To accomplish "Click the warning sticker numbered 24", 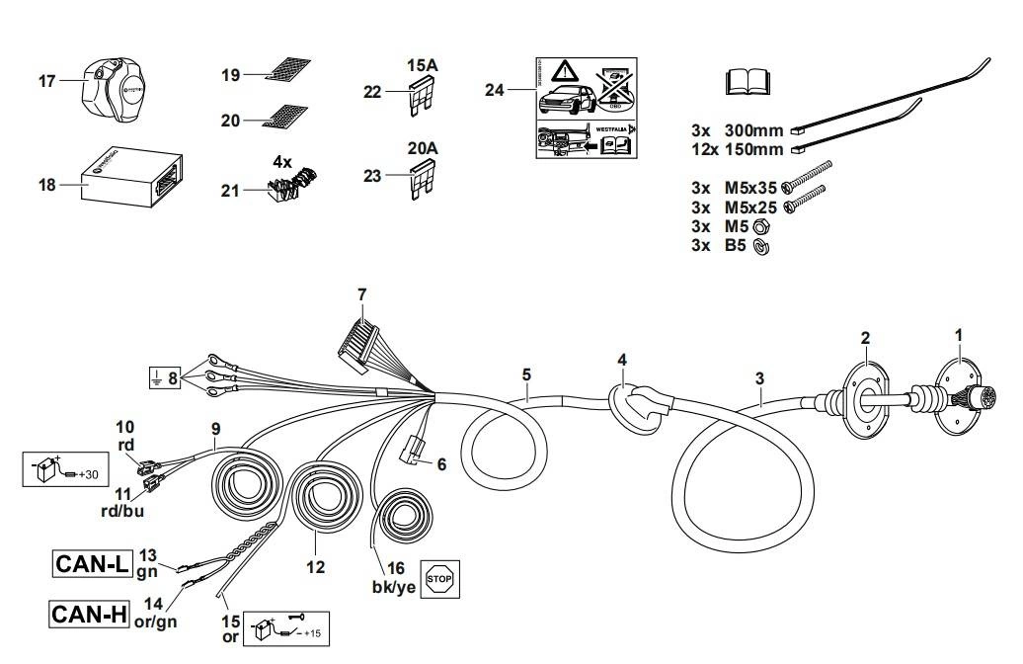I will [x=586, y=109].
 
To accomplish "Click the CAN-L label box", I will [x=92, y=564].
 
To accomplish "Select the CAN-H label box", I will [x=90, y=614].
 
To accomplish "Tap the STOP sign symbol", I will [x=440, y=578].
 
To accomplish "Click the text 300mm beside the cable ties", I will [x=753, y=129].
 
